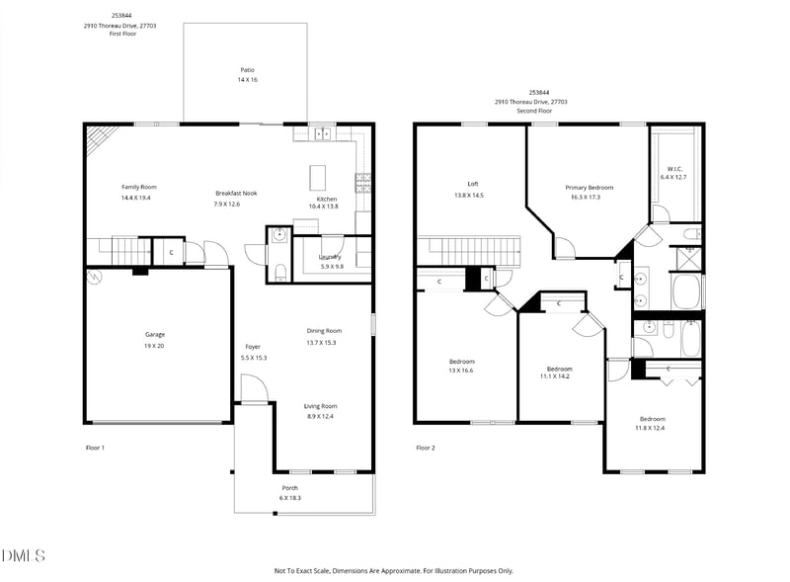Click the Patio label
[x=247, y=69]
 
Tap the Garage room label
[x=155, y=334]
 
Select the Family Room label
[x=139, y=187]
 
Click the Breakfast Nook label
[x=236, y=193]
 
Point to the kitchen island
[x=318, y=178]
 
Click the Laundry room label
[x=330, y=257]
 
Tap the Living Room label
[x=320, y=406]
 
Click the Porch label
[x=290, y=488]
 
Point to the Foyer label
[x=254, y=347]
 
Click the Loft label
[x=473, y=184]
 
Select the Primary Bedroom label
[x=589, y=187]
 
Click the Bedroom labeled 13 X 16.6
[x=461, y=361]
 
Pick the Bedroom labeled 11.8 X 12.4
[x=651, y=418]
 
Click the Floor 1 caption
[x=95, y=448]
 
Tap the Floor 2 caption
[x=426, y=448]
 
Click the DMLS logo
[x=23, y=556]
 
